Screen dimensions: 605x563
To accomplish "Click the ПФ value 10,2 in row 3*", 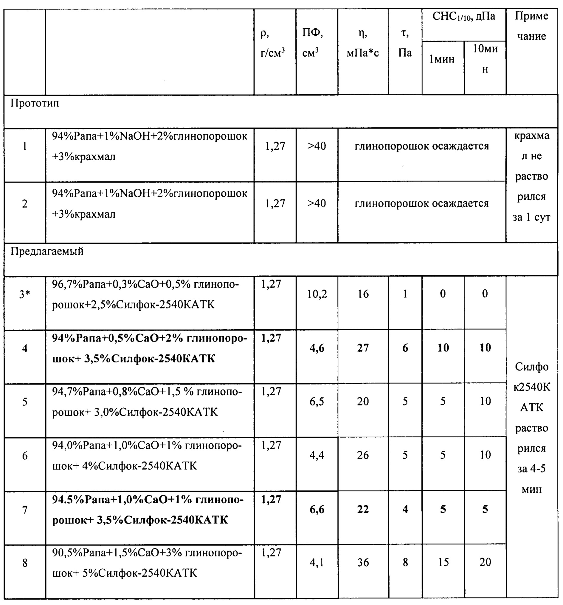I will point(317,294).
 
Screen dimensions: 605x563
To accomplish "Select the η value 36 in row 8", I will point(363,563).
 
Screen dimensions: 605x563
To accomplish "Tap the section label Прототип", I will point(35,104).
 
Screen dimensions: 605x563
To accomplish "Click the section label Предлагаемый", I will point(47,251).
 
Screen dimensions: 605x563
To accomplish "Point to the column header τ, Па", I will point(405,43).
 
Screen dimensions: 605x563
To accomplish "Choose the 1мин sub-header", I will point(442,59).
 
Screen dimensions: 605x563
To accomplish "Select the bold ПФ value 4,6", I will point(317,348).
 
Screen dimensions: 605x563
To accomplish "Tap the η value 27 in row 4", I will point(363,348).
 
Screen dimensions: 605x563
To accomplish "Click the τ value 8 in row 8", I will point(405,563).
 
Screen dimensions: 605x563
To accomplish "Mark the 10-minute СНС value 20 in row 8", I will point(485,562).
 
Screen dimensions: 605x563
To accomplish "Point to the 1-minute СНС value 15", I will point(443,563).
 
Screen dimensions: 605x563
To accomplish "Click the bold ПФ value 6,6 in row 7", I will point(317,510).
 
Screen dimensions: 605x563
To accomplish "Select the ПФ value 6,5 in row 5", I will point(317,402).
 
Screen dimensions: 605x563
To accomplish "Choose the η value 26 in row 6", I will point(363,456).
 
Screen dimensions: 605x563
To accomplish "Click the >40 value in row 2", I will point(317,203).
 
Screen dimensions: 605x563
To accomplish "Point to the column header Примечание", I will point(531,26).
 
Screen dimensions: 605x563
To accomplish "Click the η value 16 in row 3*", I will point(363,294).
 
